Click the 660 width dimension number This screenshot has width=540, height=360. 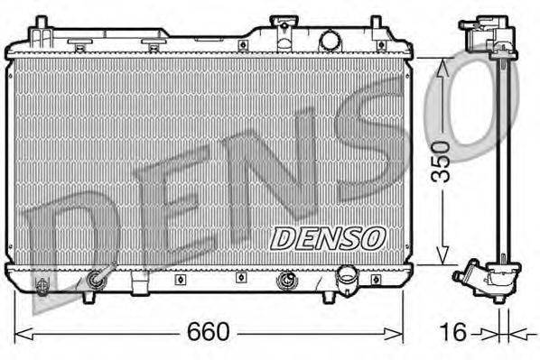[209, 331]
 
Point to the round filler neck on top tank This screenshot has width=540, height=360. [331, 40]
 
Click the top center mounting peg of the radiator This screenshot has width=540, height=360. [243, 43]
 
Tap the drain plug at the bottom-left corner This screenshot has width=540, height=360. [41, 286]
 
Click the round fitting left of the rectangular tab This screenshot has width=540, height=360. [94, 282]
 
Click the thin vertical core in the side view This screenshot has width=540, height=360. [500, 162]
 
